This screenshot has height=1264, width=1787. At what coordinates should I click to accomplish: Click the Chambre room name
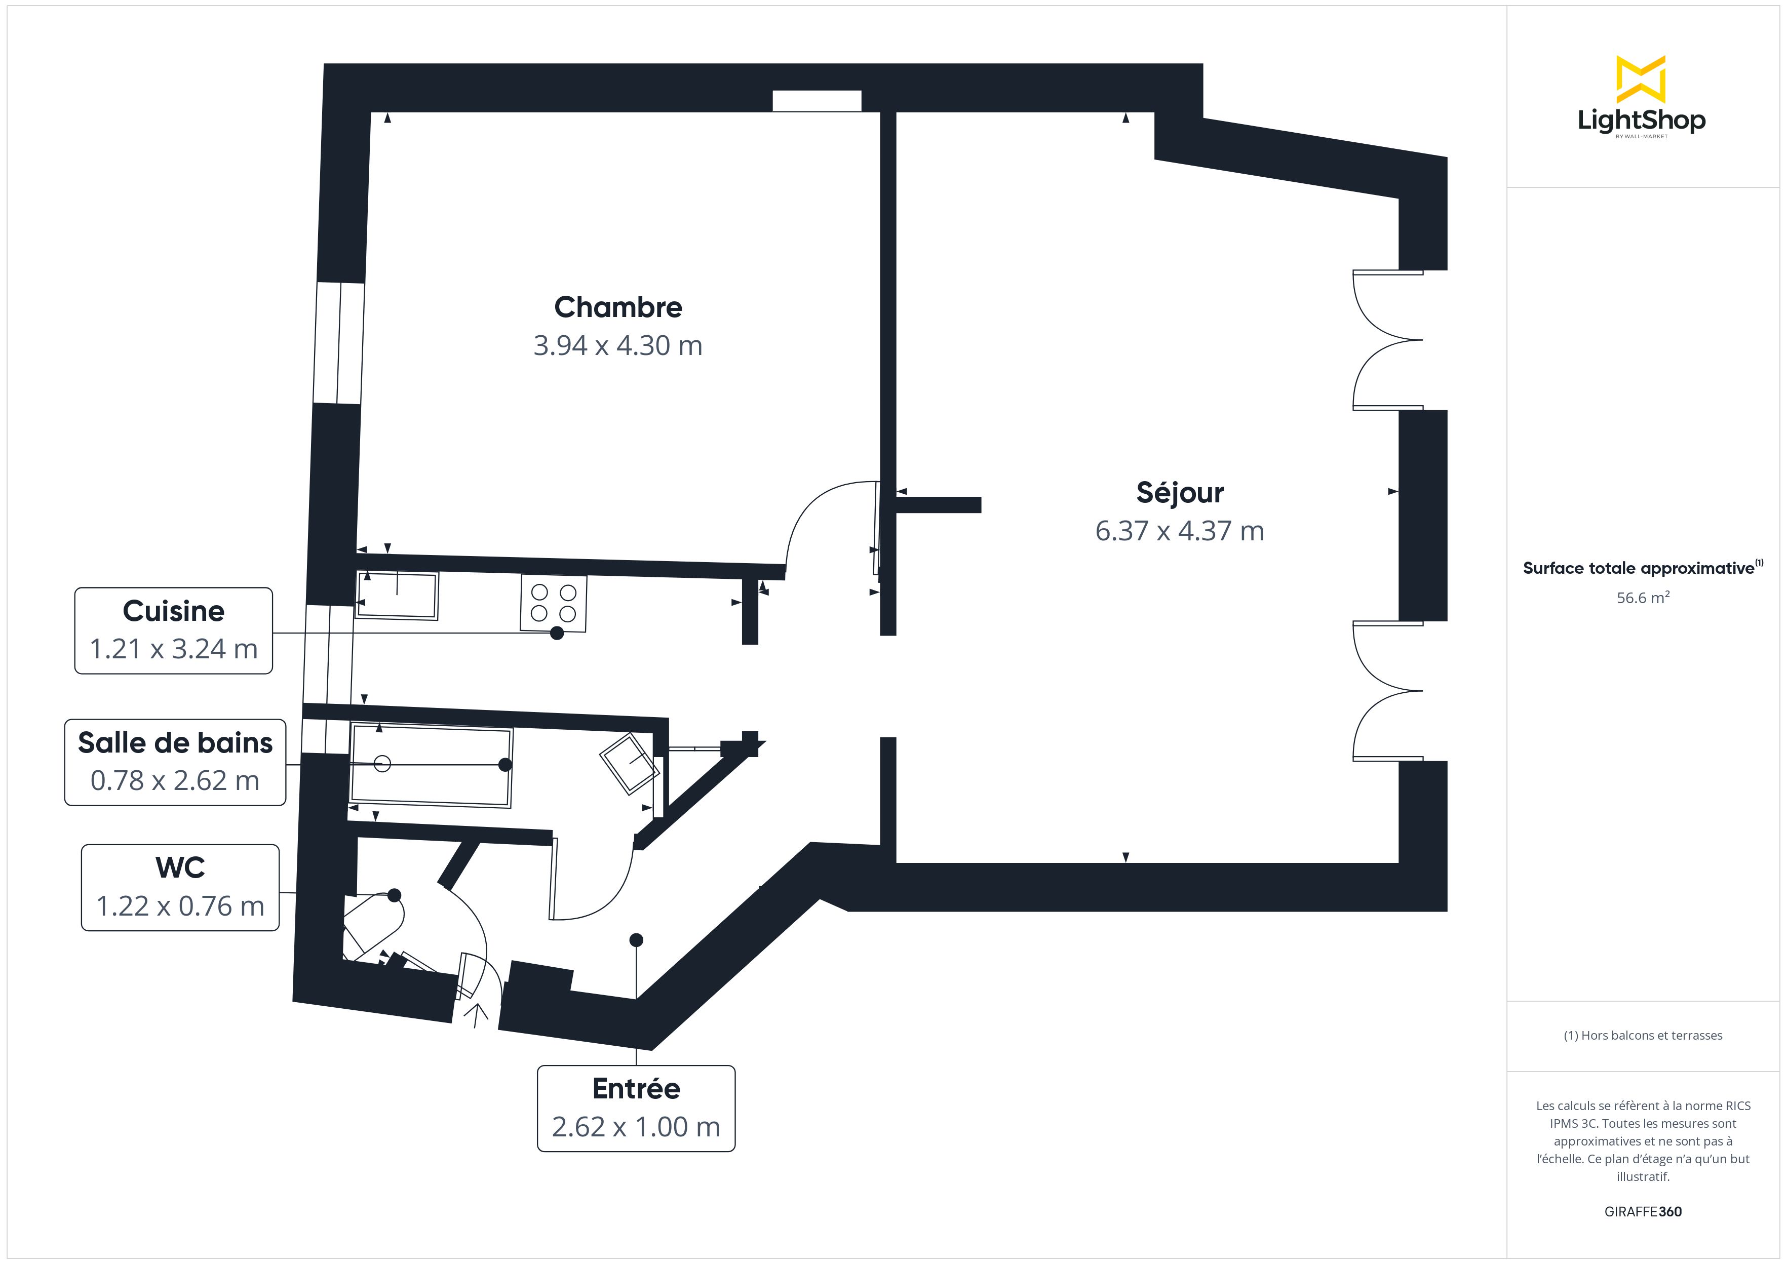(618, 307)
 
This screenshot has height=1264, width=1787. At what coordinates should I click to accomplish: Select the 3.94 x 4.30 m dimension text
(618, 345)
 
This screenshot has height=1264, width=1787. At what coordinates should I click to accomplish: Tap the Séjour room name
(1180, 493)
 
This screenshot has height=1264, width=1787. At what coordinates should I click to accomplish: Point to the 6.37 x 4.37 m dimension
(1180, 531)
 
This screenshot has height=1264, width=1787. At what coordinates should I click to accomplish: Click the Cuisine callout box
(174, 630)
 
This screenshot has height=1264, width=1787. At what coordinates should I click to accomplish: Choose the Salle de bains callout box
(175, 762)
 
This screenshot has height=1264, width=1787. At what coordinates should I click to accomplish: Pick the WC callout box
(180, 887)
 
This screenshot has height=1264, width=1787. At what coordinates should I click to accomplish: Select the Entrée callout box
(636, 1109)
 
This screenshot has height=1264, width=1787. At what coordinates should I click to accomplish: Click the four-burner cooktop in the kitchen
(554, 603)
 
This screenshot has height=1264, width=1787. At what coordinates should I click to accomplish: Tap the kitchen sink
(397, 596)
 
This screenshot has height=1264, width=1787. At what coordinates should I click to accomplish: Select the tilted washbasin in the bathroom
(629, 763)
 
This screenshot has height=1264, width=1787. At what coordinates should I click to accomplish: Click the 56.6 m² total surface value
(1642, 598)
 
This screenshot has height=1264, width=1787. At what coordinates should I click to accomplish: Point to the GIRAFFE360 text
(1642, 1211)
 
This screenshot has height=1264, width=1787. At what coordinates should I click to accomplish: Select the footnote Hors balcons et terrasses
(1642, 1035)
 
